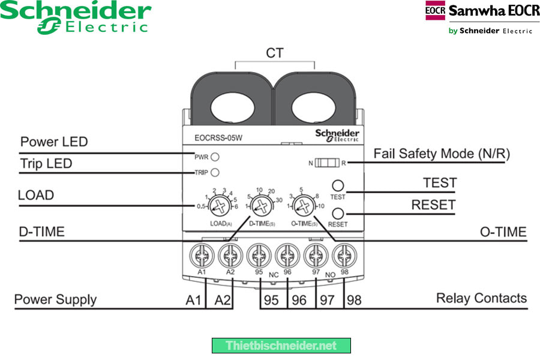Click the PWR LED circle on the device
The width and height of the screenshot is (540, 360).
pyautogui.click(x=214, y=157)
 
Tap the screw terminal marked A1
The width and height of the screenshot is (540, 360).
pyautogui.click(x=202, y=256)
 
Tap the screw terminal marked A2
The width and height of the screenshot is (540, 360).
pyautogui.click(x=230, y=256)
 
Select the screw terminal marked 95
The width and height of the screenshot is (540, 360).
pyautogui.click(x=259, y=256)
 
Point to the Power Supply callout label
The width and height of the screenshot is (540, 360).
pyautogui.click(x=55, y=299)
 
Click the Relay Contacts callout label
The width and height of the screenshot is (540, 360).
pyautogui.click(x=481, y=298)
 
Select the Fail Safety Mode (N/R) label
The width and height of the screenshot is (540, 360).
pyautogui.click(x=442, y=154)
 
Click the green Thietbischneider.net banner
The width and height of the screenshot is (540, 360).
pyautogui.click(x=281, y=346)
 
